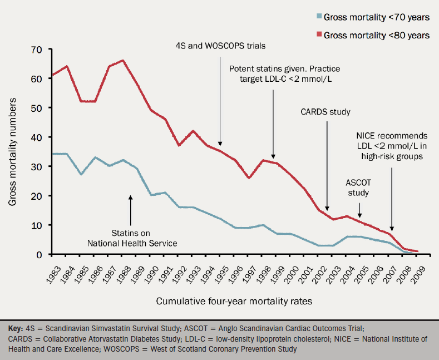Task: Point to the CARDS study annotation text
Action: point(325,112)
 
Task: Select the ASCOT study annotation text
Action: point(358,188)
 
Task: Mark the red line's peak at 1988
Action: point(122,61)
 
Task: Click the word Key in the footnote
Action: point(18,328)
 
